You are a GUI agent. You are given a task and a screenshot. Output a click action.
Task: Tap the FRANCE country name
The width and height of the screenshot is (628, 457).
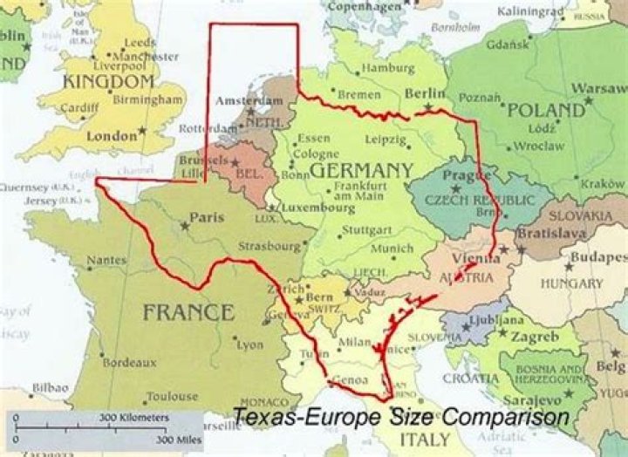point(188,312)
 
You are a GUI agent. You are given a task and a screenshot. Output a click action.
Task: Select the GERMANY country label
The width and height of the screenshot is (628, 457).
point(361,169)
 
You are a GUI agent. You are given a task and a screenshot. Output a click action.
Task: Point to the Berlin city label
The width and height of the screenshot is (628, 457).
point(425,94)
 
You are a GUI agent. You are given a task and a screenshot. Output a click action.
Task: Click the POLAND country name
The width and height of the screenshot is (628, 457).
point(546,111)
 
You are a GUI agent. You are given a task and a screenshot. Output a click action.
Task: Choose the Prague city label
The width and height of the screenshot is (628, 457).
point(461,177)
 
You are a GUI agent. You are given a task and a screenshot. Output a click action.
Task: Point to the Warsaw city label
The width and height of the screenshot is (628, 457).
point(597,89)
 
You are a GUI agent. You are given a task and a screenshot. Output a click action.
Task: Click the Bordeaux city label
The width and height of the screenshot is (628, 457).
point(129,362)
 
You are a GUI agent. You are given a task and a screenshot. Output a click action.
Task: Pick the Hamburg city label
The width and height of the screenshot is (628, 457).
point(386,68)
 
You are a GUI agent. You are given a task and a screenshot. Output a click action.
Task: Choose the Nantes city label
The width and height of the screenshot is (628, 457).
point(106,260)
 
